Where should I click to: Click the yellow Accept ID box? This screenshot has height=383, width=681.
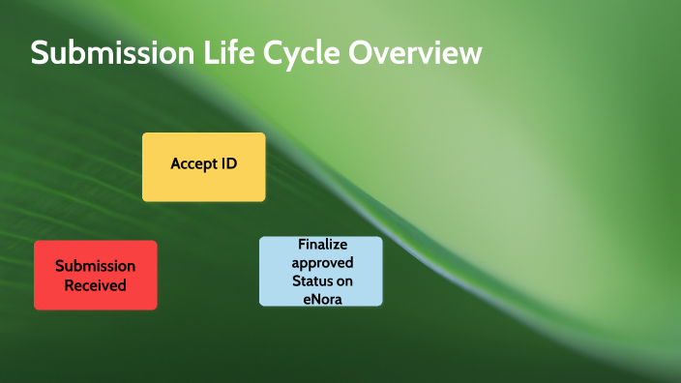203,166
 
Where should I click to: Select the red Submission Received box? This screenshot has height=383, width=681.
95,275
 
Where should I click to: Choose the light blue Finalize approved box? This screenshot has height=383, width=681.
320,271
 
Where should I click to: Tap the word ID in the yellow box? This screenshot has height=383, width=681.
227,163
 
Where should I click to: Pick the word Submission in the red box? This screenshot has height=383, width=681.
95,265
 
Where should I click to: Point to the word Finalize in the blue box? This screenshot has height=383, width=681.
322,245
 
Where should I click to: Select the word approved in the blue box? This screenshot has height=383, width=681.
322,262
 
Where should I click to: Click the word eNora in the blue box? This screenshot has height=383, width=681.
321,298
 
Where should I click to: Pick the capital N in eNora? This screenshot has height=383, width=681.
314,298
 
